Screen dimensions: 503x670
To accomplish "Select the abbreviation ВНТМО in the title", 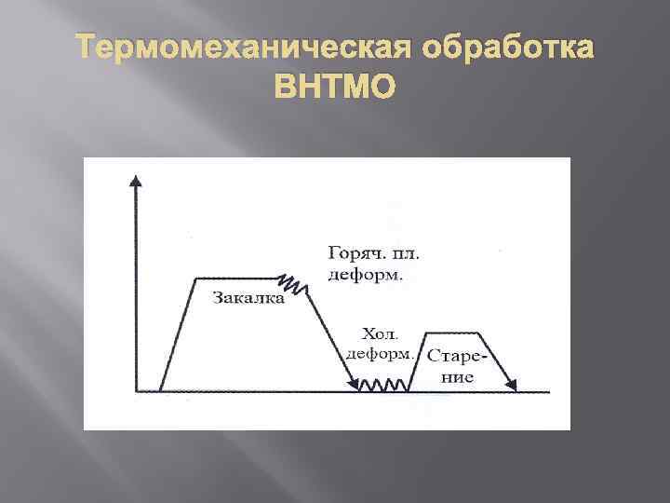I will (x=335, y=87).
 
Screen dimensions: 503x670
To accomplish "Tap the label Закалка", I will (x=248, y=299).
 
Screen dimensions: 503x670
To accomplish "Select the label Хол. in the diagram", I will (x=378, y=333).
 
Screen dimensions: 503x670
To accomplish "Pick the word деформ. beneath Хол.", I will (x=379, y=354).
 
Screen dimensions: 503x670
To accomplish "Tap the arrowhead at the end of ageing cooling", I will (x=511, y=383).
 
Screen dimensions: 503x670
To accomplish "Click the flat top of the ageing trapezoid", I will (x=452, y=333).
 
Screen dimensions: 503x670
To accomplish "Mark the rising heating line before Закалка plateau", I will (x=178, y=333).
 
